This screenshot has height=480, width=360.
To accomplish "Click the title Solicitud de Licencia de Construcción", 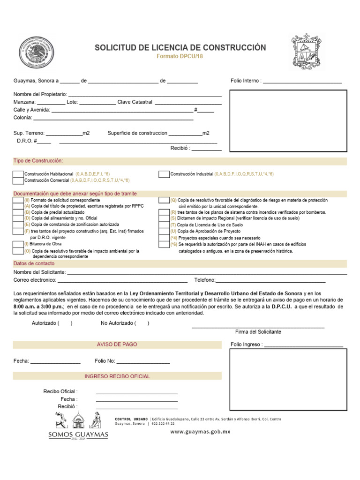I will click(x=180, y=48).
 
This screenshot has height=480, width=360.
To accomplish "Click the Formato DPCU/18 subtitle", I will click(x=180, y=57).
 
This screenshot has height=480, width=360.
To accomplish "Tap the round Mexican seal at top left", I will click(x=37, y=52).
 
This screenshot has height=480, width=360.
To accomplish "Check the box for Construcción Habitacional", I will click(x=18, y=174).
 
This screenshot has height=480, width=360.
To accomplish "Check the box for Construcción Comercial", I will click(x=18, y=180).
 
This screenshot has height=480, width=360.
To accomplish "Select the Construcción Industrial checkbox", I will click(x=164, y=174).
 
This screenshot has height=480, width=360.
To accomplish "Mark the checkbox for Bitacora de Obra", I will click(x=18, y=244).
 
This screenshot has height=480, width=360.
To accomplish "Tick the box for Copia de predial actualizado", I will click(x=18, y=212).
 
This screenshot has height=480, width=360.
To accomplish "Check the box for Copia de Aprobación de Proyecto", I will click(x=164, y=232).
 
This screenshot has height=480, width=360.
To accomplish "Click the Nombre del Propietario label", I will click(x=40, y=95).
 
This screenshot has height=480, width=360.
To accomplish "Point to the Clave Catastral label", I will click(x=135, y=102).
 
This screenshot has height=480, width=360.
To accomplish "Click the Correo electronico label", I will click(x=35, y=280).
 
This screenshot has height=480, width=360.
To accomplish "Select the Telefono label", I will click(x=204, y=280).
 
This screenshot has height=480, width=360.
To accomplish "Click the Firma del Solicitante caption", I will click(x=258, y=332).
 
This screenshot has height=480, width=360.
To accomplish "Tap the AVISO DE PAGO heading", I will click(x=117, y=345).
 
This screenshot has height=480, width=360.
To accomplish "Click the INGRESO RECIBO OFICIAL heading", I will click(x=117, y=376).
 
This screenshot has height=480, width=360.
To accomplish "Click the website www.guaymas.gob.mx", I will click(x=200, y=432).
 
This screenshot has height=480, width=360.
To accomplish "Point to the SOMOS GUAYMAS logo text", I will click(x=78, y=435).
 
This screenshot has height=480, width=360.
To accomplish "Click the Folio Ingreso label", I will click(x=247, y=345).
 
